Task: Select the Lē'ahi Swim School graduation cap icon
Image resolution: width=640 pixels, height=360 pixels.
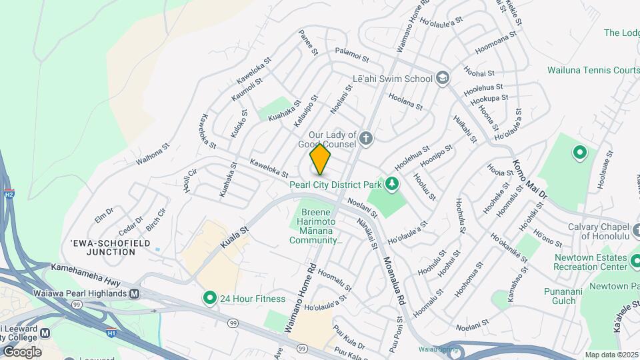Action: click(441, 79)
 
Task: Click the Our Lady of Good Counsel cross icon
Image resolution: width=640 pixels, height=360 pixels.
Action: click(365, 139)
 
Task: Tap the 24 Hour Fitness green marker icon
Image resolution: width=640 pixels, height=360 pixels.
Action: click(210, 298)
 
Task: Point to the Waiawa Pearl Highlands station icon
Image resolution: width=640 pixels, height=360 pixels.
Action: click(135, 293)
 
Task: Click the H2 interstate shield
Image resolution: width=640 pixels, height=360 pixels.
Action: click(9, 194)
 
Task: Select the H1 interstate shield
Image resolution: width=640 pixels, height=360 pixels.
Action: click(111, 331)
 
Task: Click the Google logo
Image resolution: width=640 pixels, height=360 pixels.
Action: click(21, 351)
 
